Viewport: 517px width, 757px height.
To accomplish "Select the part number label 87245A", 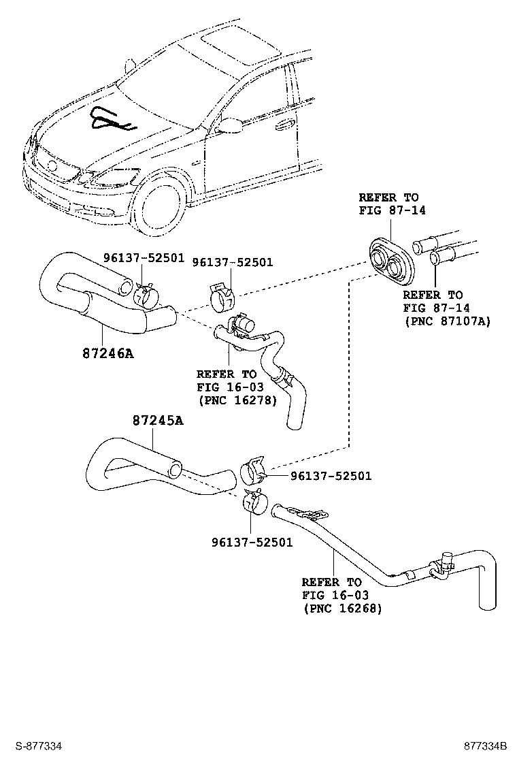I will click(x=158, y=421).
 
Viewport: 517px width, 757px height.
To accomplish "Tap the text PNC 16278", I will click(x=237, y=400).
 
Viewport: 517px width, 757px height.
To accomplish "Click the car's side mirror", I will click(x=230, y=125).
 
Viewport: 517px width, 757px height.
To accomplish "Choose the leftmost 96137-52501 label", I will click(x=144, y=257).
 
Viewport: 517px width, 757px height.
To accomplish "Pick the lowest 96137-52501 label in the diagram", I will click(x=252, y=542).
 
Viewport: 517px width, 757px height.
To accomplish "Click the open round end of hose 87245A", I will click(x=175, y=470).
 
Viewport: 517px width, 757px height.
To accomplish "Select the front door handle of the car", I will click(x=284, y=125).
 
